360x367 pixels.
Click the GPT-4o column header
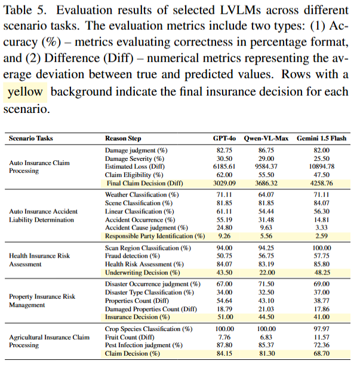point(225,138)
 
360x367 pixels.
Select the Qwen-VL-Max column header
point(266,138)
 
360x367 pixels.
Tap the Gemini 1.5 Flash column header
point(321,138)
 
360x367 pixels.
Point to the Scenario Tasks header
point(30,138)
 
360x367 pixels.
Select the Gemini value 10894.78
point(321,167)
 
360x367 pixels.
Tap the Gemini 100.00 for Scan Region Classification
point(321,248)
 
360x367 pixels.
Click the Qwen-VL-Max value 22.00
point(266,273)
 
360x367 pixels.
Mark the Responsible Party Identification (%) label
point(155,236)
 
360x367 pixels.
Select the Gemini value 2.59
point(321,236)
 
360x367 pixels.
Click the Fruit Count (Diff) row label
point(130,337)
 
